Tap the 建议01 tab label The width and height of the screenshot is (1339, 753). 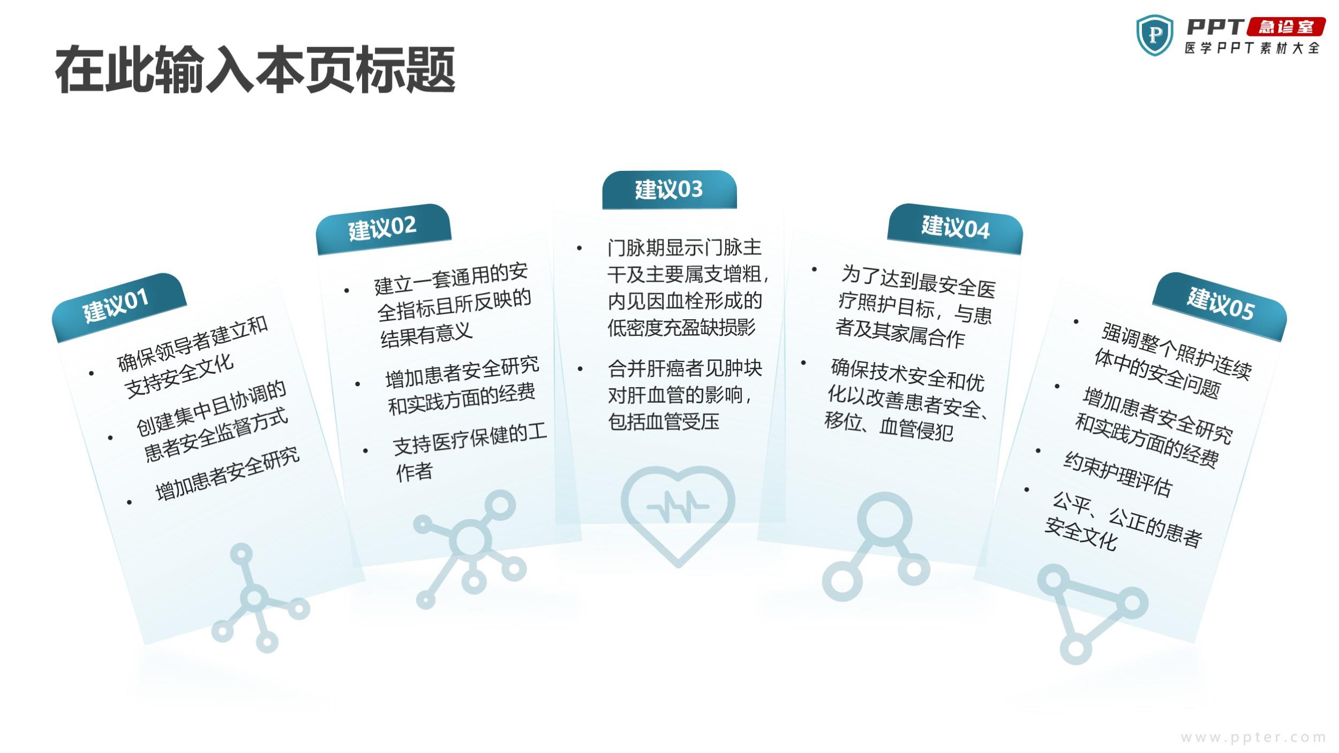(116, 305)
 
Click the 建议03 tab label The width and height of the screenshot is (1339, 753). (669, 189)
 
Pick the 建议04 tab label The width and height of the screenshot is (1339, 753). (956, 227)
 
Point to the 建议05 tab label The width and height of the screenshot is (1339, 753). (1221, 304)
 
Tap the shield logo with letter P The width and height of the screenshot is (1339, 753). (1155, 35)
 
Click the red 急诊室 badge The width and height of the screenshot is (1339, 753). (1286, 27)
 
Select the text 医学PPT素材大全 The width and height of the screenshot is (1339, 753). (1252, 48)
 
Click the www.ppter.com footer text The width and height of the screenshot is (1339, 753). (1253, 737)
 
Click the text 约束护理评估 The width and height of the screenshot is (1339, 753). (1117, 474)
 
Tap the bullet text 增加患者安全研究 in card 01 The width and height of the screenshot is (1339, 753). (227, 473)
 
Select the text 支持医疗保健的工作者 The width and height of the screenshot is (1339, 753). (469, 452)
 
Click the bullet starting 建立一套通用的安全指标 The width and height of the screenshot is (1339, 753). (453, 305)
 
